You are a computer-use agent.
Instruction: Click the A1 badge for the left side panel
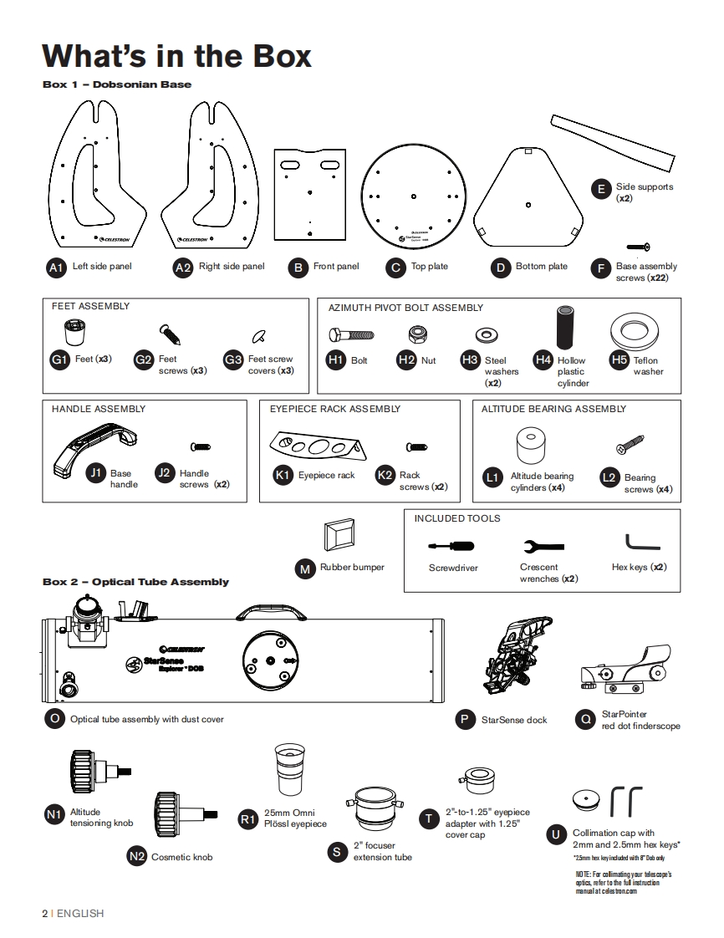tap(56, 268)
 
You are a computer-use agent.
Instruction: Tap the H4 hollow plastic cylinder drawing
tap(565, 327)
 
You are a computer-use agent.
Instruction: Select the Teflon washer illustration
tap(635, 331)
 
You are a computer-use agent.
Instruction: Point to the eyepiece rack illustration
tap(317, 446)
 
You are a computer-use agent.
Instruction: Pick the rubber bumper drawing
tap(339, 534)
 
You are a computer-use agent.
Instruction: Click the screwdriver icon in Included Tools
tap(451, 546)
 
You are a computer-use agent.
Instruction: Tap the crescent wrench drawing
tap(543, 546)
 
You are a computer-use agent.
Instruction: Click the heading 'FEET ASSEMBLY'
tap(90, 306)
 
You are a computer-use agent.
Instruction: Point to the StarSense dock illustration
tap(518, 655)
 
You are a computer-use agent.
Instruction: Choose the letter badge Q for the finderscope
tap(585, 719)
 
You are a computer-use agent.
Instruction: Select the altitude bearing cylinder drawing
tap(531, 445)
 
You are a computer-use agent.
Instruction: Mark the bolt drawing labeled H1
tap(351, 335)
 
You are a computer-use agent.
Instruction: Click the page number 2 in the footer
tap(45, 914)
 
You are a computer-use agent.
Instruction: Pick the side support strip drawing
tap(613, 142)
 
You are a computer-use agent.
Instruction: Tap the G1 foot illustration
tap(74, 333)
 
